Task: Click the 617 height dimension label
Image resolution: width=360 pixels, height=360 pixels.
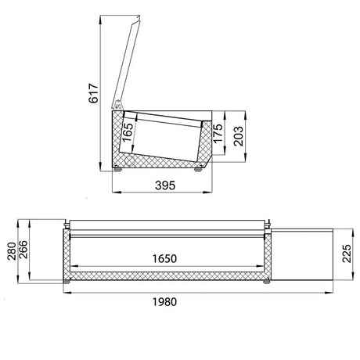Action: point(94,93)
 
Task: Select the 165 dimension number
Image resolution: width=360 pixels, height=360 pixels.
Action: point(128,132)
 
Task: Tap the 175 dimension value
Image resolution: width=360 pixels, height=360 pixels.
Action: point(218,133)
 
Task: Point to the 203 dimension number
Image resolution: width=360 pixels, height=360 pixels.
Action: point(238,136)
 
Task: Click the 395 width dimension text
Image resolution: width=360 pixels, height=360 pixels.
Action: point(165,185)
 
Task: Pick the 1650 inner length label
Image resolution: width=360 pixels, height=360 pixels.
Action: point(164,258)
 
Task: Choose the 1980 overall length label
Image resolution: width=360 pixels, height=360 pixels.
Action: point(164,302)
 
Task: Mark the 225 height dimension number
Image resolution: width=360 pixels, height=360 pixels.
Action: point(347,254)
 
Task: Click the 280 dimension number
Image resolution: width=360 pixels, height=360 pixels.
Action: point(12,251)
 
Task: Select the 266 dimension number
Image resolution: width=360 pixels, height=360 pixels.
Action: point(23,250)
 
